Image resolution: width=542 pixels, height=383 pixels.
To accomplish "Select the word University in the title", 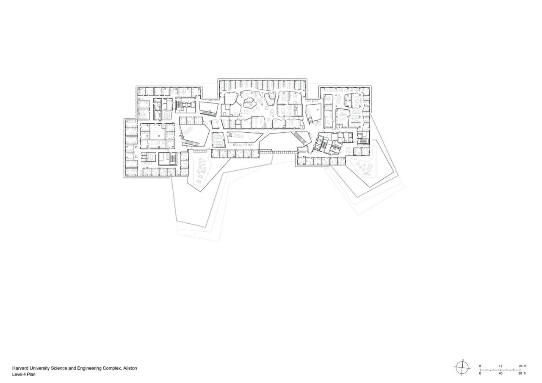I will click(x=40, y=369).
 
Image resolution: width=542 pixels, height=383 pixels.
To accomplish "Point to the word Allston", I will click(x=130, y=369).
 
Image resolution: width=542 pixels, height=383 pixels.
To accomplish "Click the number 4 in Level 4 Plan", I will click(x=25, y=375).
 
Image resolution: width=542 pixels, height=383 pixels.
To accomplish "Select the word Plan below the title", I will click(x=31, y=375).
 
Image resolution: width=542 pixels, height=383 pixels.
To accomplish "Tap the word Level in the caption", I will click(x=17, y=375).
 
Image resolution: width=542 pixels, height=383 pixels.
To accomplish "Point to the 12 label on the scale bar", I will click(x=500, y=366).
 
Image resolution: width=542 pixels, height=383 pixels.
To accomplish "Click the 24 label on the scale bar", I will click(x=520, y=366).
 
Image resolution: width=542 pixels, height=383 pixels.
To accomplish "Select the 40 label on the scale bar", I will click(x=500, y=374).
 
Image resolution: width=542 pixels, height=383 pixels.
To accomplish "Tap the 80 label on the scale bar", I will click(x=520, y=374).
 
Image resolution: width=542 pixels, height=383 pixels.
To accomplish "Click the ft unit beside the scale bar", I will click(x=525, y=374).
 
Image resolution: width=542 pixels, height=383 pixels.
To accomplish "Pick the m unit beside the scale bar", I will click(x=525, y=366).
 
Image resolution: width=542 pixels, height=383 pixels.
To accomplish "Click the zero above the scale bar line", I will click(x=480, y=366).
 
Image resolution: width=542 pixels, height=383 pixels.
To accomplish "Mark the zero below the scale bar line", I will click(x=480, y=374).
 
